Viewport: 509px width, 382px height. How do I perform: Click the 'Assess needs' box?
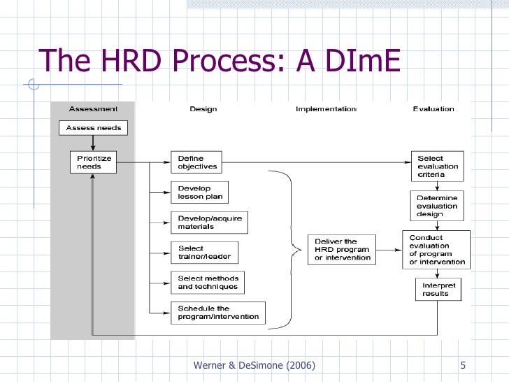tap(94, 128)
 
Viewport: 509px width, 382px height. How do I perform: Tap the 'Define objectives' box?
tap(196, 162)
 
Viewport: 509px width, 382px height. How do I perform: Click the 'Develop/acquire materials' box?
tap(209, 222)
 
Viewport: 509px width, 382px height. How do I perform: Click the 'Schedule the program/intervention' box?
tap(217, 312)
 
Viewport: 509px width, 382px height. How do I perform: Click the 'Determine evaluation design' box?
tap(437, 206)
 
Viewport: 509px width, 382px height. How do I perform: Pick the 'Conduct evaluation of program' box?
tap(435, 250)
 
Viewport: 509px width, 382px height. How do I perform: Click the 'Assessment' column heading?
tap(92, 109)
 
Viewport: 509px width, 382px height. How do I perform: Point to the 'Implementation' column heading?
tap(326, 109)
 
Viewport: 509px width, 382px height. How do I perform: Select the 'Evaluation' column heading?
tap(433, 109)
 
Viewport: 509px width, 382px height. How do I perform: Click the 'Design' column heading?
tap(203, 109)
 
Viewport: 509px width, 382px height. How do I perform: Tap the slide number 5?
tap(464, 366)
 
